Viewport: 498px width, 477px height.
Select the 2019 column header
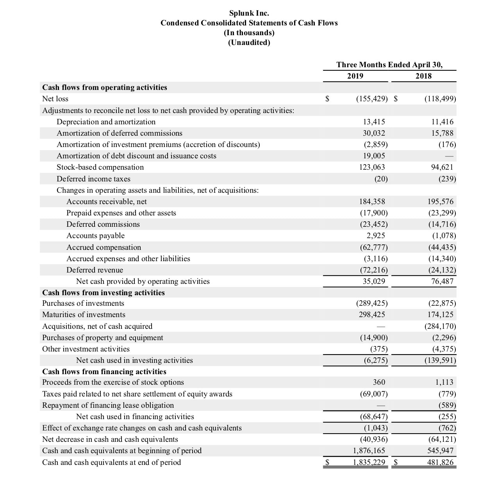[x=355, y=76]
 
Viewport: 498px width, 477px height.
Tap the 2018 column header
[x=423, y=76]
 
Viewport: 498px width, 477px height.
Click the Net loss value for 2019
[x=372, y=99]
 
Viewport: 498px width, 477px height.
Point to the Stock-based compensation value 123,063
[x=372, y=167]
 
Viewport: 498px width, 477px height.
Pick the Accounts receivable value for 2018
[x=441, y=202]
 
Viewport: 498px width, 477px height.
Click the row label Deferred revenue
[x=95, y=270]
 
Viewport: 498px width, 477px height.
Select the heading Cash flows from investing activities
[x=104, y=293]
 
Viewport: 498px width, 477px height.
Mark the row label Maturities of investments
[x=84, y=315]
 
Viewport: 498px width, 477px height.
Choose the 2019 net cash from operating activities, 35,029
[x=374, y=282]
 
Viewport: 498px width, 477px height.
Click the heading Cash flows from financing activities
[x=104, y=372]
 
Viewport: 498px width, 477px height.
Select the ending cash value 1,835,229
[x=369, y=463]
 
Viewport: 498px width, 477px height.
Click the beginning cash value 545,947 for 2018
[x=441, y=451]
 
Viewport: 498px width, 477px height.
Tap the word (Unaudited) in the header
[x=249, y=43]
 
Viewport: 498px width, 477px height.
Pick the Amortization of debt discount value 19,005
[x=374, y=156]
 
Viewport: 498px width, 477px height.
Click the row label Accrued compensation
[x=104, y=247]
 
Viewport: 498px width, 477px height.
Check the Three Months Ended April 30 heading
[x=389, y=65]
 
